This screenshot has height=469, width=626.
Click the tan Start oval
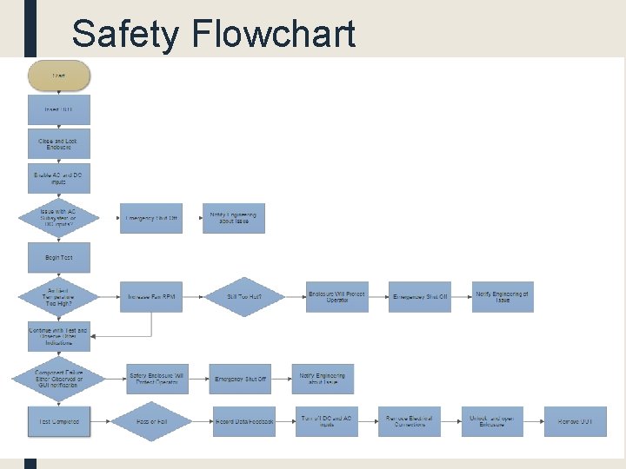[x=58, y=76]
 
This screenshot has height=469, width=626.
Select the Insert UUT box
[x=58, y=109]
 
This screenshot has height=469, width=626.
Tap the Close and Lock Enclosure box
[x=58, y=143]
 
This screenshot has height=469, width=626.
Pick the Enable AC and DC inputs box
[x=58, y=177]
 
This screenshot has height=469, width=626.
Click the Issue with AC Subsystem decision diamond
[x=58, y=217]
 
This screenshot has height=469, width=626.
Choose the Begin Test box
[x=58, y=258]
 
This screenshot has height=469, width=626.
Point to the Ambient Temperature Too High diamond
[x=58, y=296]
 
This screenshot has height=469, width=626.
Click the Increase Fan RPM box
[x=151, y=297]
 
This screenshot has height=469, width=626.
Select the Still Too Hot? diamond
[x=243, y=297]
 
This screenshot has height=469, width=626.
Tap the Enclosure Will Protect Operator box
[x=337, y=297]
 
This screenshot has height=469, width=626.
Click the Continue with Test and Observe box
[x=58, y=336]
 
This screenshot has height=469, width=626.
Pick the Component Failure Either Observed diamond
[x=58, y=379]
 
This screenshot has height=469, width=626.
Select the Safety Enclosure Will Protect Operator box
[x=156, y=379]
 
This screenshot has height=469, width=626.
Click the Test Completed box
[x=58, y=421]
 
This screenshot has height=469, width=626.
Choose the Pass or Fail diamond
[x=151, y=421]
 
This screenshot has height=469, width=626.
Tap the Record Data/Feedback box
[x=243, y=421]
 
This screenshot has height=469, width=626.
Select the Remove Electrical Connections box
[x=409, y=421]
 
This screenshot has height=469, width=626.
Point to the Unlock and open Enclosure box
[x=491, y=421]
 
